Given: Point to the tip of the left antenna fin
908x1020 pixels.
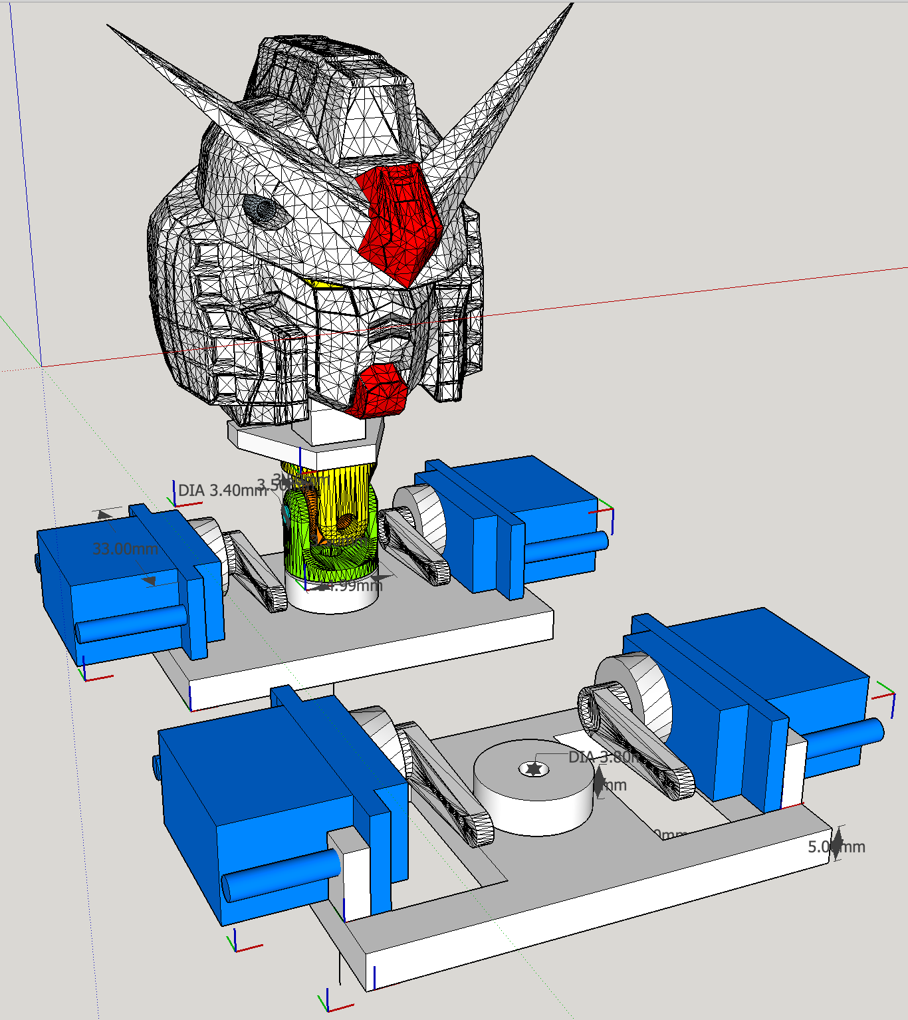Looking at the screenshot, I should tap(109, 27).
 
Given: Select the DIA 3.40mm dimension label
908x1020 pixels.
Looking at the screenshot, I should tap(222, 491).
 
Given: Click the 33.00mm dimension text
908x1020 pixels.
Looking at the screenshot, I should tap(125, 549).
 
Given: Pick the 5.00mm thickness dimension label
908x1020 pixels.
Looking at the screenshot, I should tap(836, 846).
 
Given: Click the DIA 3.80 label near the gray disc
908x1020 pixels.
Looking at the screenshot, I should tap(602, 757).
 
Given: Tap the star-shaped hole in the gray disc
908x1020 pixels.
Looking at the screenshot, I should tap(533, 769).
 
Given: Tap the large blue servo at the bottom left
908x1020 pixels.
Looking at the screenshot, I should tap(266, 798).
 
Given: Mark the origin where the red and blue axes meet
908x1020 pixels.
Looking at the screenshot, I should tap(42, 366).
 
